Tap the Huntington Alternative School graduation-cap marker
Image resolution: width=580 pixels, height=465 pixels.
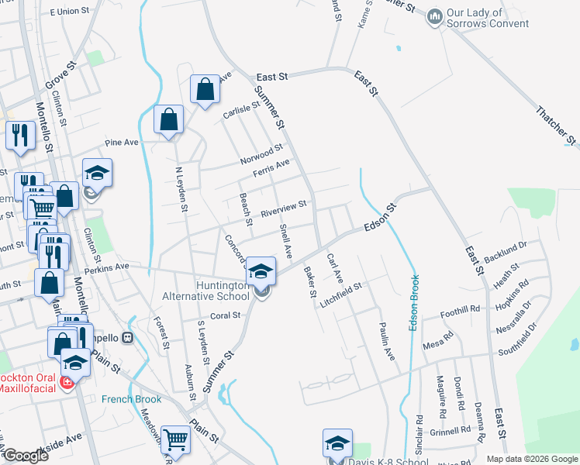(261, 271)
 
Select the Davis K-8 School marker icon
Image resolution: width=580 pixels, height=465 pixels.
(337, 444)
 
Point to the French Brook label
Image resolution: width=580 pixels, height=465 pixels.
(131, 399)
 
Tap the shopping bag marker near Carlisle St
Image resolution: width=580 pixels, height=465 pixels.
(204, 90)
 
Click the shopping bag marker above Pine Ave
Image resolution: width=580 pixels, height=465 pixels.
(168, 121)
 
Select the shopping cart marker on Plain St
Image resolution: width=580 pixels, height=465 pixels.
(176, 440)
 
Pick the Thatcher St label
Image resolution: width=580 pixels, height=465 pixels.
(557, 124)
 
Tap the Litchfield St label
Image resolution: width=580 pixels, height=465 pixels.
(342, 295)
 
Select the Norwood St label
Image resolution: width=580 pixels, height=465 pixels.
(261, 153)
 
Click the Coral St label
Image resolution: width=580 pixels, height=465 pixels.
(226, 315)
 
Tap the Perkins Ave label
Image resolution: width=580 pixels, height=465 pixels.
(106, 267)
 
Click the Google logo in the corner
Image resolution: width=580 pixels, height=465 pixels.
(26, 456)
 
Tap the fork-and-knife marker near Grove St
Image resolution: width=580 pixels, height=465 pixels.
(18, 136)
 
